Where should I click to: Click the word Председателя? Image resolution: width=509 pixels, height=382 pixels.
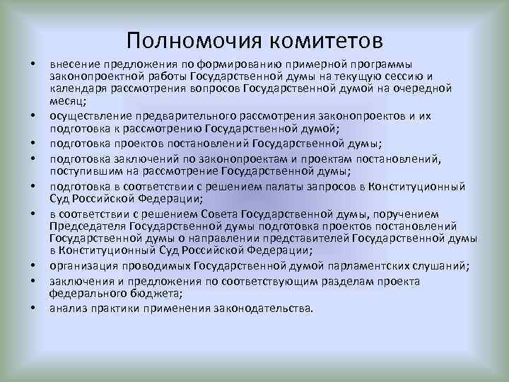[88, 226]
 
